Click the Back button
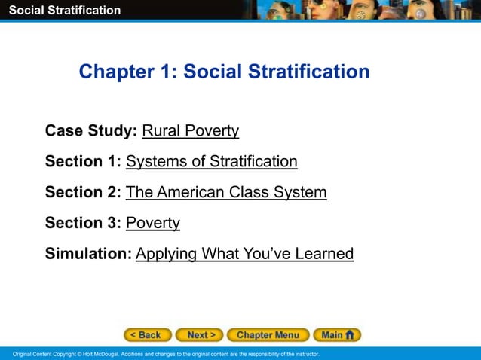pyautogui.click(x=148, y=335)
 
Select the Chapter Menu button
pyautogui.click(x=268, y=335)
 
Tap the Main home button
pyautogui.click(x=337, y=335)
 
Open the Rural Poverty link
pyautogui.click(x=191, y=131)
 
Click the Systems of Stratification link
pyautogui.click(x=211, y=161)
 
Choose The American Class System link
pyautogui.click(x=226, y=192)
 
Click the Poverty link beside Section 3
pyautogui.click(x=153, y=223)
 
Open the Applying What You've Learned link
pyautogui.click(x=244, y=254)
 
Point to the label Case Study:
pyautogui.click(x=91, y=131)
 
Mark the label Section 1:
pyautogui.click(x=83, y=161)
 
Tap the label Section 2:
pyautogui.click(x=83, y=192)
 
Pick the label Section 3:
pyautogui.click(x=83, y=223)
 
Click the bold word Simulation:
pyautogui.click(x=88, y=254)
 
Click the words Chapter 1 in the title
pyautogui.click(x=125, y=72)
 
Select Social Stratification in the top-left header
pyautogui.click(x=64, y=10)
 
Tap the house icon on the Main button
pyautogui.click(x=351, y=335)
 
